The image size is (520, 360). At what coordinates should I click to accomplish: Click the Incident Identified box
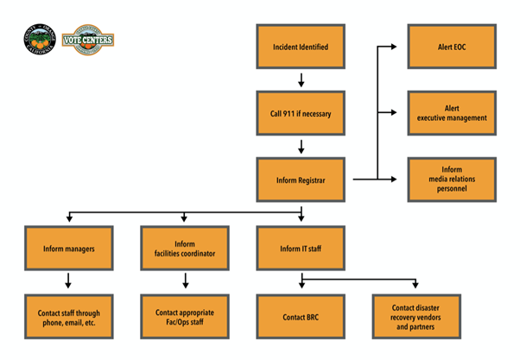[300, 47]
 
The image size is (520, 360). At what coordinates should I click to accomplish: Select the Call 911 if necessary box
[300, 113]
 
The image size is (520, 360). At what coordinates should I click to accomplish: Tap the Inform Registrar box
[300, 180]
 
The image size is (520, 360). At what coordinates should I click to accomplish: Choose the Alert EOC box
[452, 47]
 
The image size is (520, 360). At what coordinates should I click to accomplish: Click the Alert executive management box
[452, 113]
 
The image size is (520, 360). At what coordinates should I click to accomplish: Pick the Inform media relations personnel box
[452, 180]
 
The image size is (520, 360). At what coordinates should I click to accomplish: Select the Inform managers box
[68, 248]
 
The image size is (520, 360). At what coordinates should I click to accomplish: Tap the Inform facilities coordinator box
[184, 248]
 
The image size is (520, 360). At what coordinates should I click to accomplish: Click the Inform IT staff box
[300, 248]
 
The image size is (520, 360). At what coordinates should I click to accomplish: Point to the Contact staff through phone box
[68, 316]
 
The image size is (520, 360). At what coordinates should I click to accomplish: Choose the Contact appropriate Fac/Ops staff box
[184, 316]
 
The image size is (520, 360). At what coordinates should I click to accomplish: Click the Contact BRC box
[300, 316]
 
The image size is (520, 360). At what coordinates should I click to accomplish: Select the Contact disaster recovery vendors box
[416, 316]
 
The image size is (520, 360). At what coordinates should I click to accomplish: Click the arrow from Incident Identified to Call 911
[301, 80]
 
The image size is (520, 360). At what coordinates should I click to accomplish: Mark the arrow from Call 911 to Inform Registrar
[301, 147]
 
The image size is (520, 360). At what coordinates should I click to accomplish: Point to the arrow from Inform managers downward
[68, 281]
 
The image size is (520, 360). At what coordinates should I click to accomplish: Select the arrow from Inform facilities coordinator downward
[184, 281]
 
